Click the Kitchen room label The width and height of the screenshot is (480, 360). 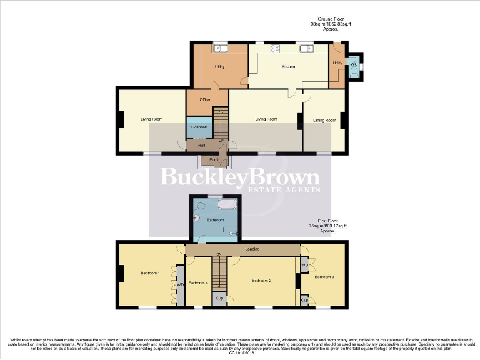coord(288,66)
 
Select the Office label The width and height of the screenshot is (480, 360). coord(204,99)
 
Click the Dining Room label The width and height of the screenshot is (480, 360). coord(324,120)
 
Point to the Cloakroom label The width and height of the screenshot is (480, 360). coord(199,126)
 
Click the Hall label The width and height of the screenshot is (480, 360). coord(202,146)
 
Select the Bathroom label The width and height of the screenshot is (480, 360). coord(216,220)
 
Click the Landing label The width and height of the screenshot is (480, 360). coord(252,249)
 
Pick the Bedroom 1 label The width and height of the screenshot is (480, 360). coord(150,273)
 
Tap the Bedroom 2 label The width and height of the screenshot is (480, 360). coord(261,281)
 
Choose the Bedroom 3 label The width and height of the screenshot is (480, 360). coord(324,276)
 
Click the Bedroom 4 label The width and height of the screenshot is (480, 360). coord(198,282)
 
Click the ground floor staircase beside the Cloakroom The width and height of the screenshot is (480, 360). coord(221,122)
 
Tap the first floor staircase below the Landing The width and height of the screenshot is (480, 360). coord(219,274)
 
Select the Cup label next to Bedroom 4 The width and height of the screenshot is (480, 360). coord(219,298)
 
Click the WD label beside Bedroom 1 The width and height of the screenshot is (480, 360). coord(180,285)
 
